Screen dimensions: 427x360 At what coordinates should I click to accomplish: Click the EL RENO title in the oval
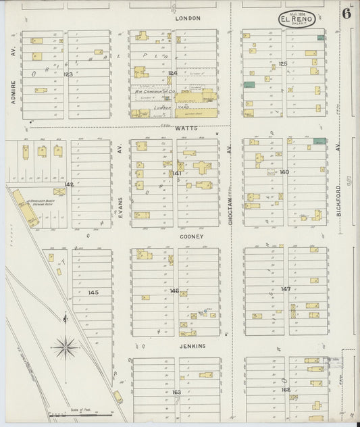(x=297, y=20)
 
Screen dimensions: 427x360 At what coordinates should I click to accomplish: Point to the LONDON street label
(x=188, y=18)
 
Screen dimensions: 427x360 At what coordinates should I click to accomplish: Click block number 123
(x=68, y=74)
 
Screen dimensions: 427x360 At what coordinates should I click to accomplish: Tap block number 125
(x=283, y=64)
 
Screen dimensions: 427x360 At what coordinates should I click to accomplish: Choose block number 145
(x=93, y=292)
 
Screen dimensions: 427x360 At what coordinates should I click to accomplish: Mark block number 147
(x=286, y=288)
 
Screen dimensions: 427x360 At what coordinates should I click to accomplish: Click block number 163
(x=176, y=392)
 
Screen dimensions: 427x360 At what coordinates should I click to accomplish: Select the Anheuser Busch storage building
(x=26, y=213)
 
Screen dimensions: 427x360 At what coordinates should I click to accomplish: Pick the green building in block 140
(x=319, y=141)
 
